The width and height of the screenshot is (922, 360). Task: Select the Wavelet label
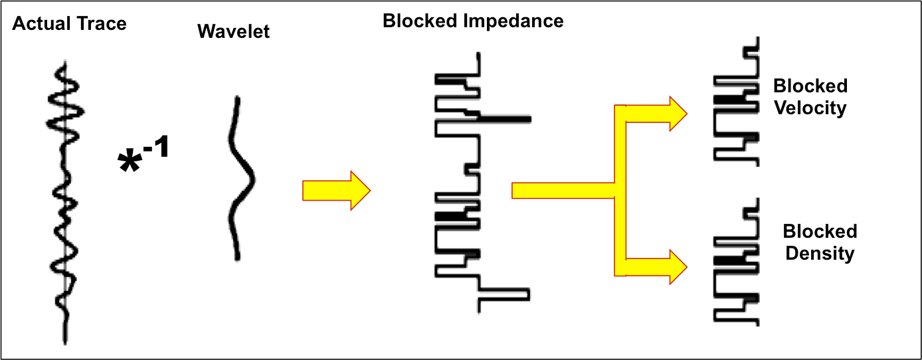click(x=233, y=31)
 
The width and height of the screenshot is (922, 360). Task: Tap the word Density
click(x=819, y=253)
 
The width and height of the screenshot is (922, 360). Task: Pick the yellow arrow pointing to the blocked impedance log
click(x=335, y=191)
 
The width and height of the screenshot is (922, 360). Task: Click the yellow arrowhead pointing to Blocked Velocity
click(x=676, y=114)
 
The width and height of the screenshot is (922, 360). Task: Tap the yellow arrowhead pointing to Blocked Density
click(x=676, y=266)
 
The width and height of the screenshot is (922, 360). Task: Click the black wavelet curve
click(x=240, y=178)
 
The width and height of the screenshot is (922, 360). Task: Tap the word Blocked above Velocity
click(x=810, y=86)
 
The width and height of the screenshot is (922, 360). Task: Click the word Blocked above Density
click(x=820, y=232)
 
